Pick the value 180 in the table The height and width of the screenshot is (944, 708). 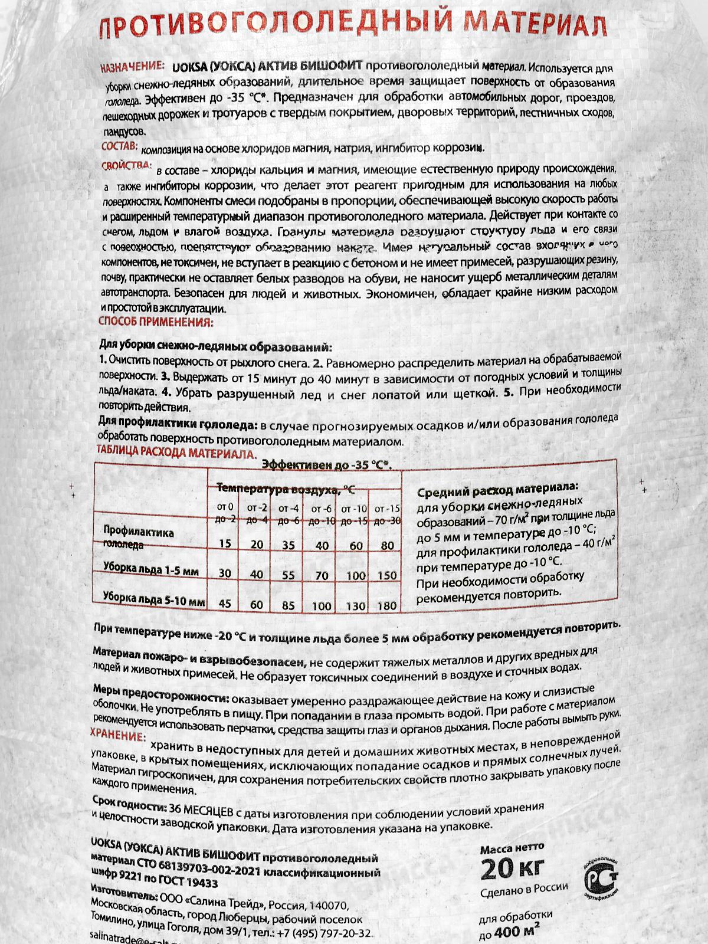click(x=387, y=605)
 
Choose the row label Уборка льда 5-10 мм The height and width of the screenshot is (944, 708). click(x=153, y=601)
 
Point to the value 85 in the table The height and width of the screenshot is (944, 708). click(x=289, y=604)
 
